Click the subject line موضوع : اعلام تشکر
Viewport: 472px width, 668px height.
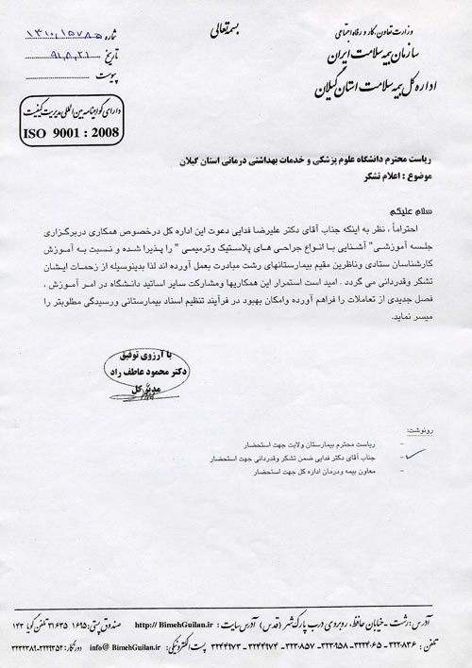411,177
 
